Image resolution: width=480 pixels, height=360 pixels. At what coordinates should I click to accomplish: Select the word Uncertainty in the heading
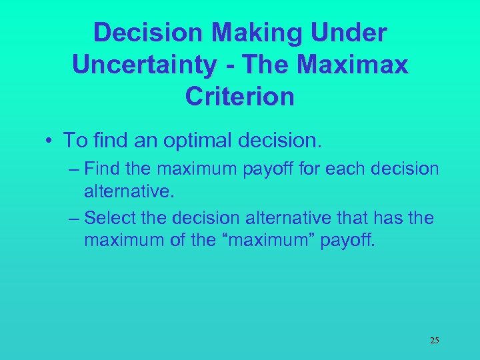point(143,64)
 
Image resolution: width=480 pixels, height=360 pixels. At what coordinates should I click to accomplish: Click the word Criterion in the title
point(240,96)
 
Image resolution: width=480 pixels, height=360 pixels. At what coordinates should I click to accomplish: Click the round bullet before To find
point(50,141)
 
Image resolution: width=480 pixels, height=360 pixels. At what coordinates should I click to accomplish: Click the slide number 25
point(434,341)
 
